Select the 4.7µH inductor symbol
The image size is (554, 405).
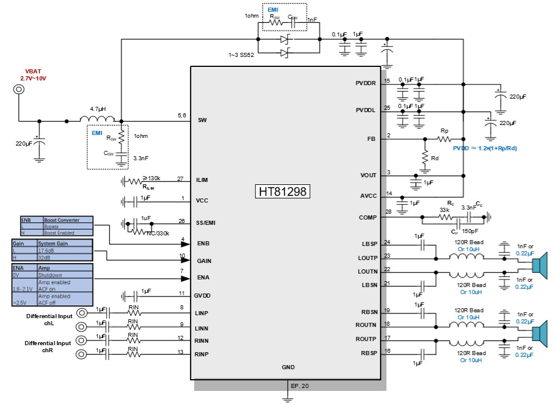click(x=97, y=120)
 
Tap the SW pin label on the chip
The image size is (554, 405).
click(x=202, y=120)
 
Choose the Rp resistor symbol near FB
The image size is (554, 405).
click(x=444, y=139)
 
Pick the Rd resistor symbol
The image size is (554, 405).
click(x=425, y=157)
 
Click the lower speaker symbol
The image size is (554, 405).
click(x=539, y=333)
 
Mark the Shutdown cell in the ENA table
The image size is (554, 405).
click(x=49, y=274)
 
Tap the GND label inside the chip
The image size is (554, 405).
click(x=288, y=367)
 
